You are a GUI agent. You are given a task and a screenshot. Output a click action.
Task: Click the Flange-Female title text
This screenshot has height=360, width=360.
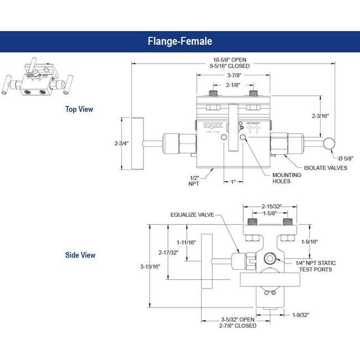(x=179, y=41)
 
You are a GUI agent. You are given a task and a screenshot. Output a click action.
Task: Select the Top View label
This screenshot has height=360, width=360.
(x=79, y=109)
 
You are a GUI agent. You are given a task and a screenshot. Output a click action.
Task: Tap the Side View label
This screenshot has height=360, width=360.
(x=80, y=255)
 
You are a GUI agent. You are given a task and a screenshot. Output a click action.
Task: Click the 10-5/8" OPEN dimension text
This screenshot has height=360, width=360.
(x=229, y=59)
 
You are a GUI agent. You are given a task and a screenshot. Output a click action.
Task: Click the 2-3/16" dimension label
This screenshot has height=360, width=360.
(x=321, y=116)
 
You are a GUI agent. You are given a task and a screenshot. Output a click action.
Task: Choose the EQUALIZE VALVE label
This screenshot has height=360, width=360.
(x=192, y=215)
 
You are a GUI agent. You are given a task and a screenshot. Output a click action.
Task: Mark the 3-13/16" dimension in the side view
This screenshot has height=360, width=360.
(x=150, y=266)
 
